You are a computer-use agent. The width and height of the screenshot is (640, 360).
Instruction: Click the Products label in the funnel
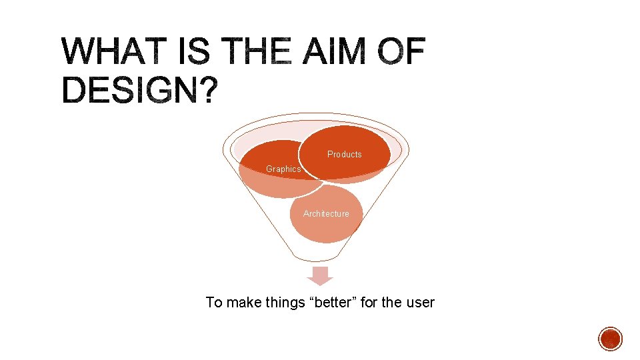(x=344, y=155)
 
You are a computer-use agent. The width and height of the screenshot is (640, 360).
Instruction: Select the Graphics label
(x=283, y=169)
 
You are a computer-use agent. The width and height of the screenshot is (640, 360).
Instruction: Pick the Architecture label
(x=326, y=214)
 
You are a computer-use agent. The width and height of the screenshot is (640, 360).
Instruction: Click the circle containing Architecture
(x=326, y=223)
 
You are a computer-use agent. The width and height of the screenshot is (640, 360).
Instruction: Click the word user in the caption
(x=419, y=303)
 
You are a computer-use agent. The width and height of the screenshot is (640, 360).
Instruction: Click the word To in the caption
(x=213, y=303)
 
